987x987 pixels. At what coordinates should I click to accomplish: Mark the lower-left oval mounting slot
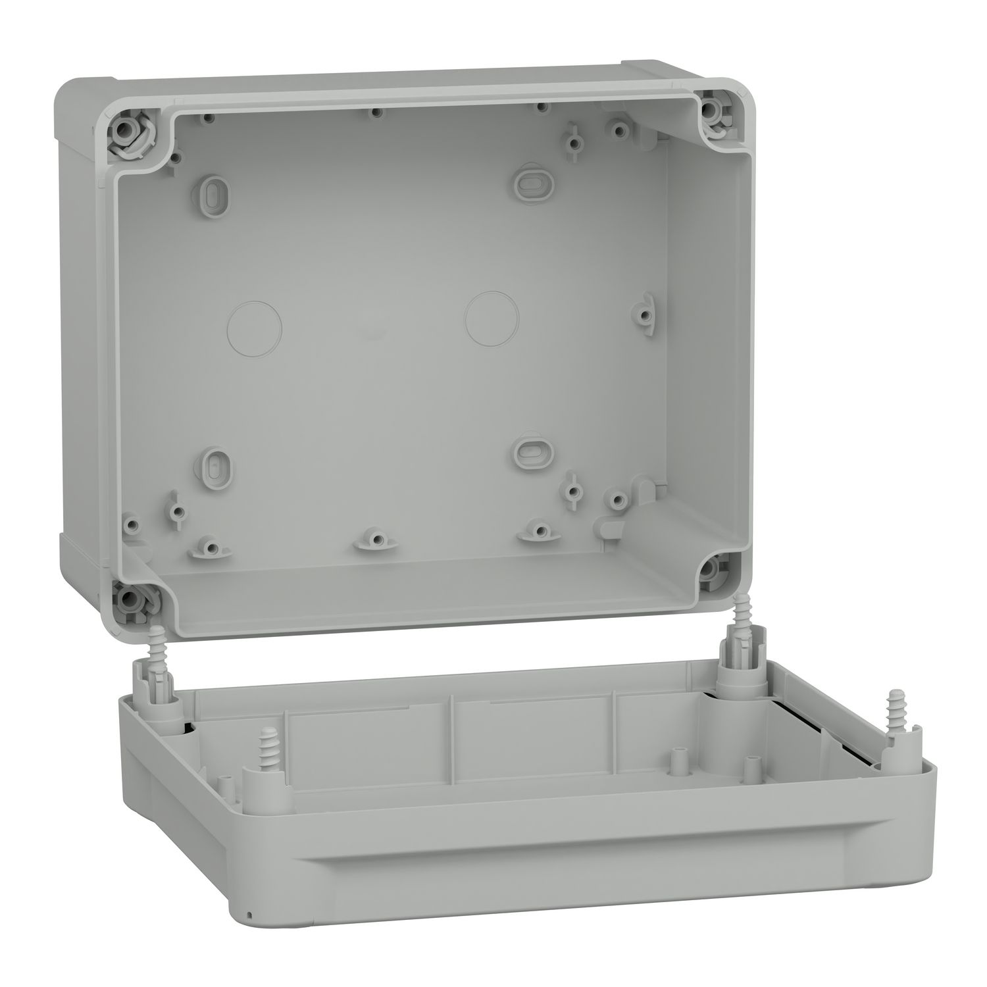tap(215, 465)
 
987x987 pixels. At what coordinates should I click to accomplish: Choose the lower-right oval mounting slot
tap(527, 450)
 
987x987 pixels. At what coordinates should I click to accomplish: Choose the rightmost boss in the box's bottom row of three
tap(538, 530)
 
